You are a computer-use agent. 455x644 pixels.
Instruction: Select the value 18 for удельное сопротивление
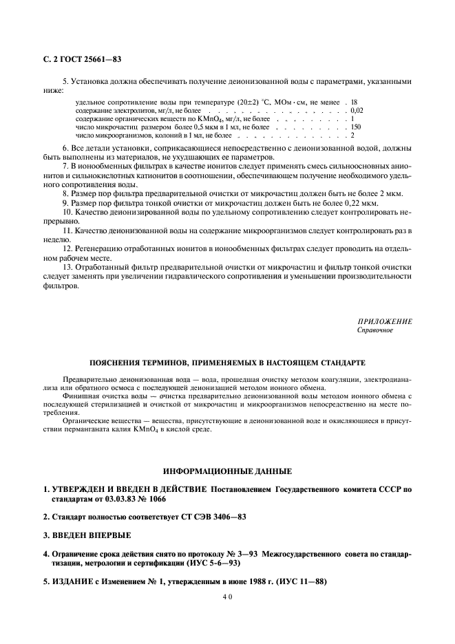pyautogui.click(x=354, y=102)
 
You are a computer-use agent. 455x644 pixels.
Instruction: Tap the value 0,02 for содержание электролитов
pyautogui.click(x=357, y=110)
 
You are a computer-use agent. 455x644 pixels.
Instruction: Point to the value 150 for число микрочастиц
pyautogui.click(x=356, y=127)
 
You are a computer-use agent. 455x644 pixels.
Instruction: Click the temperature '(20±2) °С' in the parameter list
pyautogui.click(x=255, y=102)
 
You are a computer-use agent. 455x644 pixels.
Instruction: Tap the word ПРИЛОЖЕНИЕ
pyautogui.click(x=385, y=321)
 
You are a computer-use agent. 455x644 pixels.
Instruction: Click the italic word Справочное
pyautogui.click(x=374, y=330)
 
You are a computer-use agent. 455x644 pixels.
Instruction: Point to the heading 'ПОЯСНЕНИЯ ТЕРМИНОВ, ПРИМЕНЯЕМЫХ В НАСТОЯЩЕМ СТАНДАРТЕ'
pyautogui.click(x=227, y=363)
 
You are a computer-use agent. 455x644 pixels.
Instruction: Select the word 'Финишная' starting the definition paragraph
pyautogui.click(x=78, y=397)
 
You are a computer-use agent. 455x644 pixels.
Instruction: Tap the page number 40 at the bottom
pyautogui.click(x=227, y=599)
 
